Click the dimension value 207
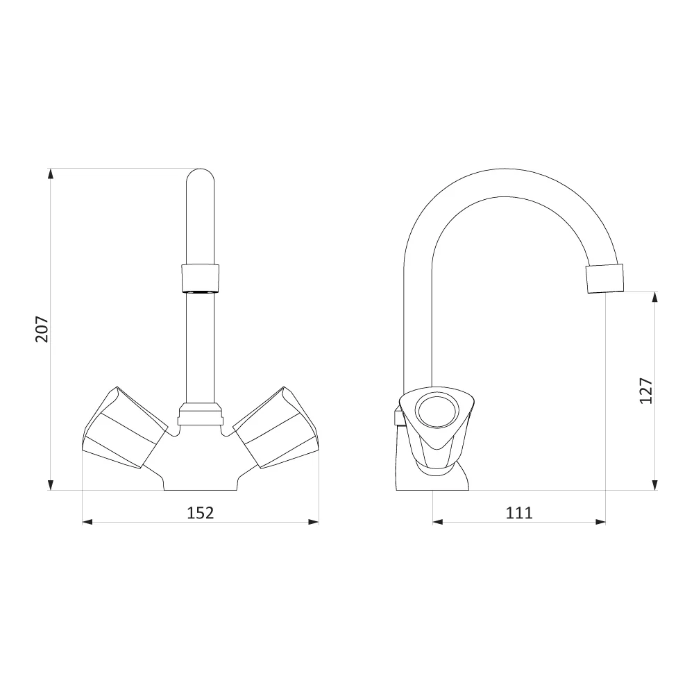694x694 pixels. pyautogui.click(x=42, y=329)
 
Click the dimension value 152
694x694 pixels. pyautogui.click(x=200, y=513)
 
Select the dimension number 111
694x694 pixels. pyautogui.click(x=519, y=513)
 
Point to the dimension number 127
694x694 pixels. pyautogui.click(x=645, y=390)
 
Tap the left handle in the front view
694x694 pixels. pyautogui.click(x=125, y=428)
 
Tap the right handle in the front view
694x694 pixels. pyautogui.click(x=276, y=428)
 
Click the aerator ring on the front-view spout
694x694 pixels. pyautogui.click(x=200, y=278)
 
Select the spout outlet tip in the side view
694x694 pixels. pyautogui.click(x=604, y=278)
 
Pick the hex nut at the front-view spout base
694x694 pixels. pyautogui.click(x=200, y=414)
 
